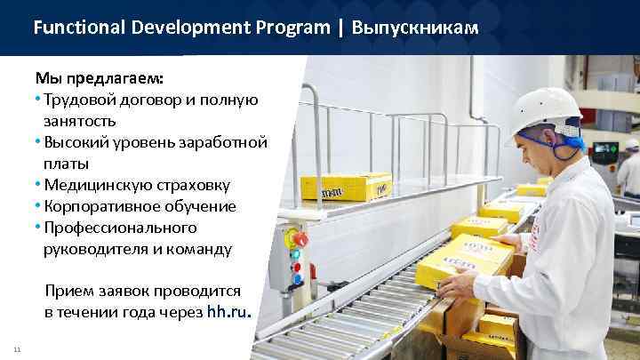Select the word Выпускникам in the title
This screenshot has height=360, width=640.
415,28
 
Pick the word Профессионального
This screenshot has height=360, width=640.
115,228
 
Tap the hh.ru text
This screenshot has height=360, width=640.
229,312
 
